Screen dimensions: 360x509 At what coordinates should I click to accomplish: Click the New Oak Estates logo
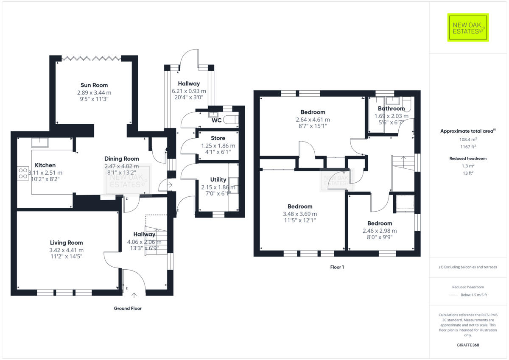pos(468,28)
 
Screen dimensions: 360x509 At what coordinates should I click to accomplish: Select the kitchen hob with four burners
pos(23,173)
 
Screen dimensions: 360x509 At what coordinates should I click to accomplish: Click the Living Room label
pos(66,243)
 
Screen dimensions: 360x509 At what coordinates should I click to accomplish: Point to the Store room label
pos(218,138)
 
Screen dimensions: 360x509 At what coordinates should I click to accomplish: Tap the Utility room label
pos(218,180)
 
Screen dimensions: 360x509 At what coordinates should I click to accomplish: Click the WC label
pos(217,120)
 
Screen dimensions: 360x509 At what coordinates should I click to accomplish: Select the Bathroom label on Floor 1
pos(391,109)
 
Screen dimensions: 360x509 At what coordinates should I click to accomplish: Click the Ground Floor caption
pos(128,308)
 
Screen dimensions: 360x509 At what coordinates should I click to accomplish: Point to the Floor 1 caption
pos(337,267)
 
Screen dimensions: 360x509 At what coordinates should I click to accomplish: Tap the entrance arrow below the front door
pos(134,294)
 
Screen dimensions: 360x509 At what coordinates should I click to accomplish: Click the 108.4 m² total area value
pos(468,139)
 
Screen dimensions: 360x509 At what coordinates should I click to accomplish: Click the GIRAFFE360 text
pos(468,345)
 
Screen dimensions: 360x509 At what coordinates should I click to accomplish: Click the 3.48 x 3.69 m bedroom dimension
pos(300,214)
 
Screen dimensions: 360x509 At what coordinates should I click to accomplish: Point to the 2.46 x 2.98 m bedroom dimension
pos(380,231)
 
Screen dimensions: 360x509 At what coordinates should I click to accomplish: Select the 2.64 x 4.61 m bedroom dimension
pos(313,120)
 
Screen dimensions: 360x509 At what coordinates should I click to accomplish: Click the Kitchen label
pos(45,165)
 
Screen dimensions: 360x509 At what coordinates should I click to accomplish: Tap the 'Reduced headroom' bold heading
pos(468,158)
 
